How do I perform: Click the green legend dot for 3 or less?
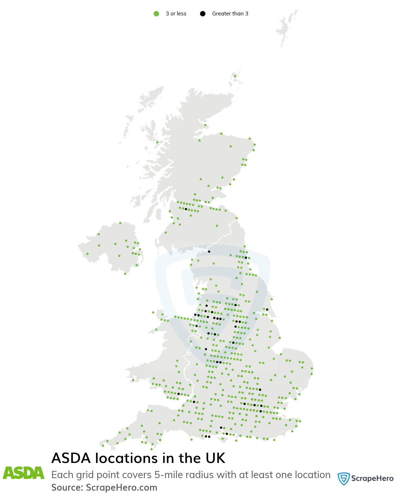pyautogui.click(x=156, y=14)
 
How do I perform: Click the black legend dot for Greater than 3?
pyautogui.click(x=203, y=14)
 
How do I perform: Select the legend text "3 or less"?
pyautogui.click(x=176, y=14)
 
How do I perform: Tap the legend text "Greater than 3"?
pyautogui.click(x=230, y=14)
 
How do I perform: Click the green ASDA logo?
pyautogui.click(x=24, y=473)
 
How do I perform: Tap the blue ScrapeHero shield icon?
pyautogui.click(x=343, y=478)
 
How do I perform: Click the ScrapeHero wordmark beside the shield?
pyautogui.click(x=372, y=478)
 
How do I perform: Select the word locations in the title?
pyautogui.click(x=127, y=458)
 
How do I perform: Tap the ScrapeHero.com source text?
pyautogui.click(x=121, y=487)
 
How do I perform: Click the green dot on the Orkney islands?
pyautogui.click(x=235, y=76)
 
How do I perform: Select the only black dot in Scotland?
pyautogui.click(x=186, y=209)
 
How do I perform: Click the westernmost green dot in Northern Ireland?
pyautogui.click(x=87, y=254)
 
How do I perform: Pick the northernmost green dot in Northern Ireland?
pyautogui.click(x=120, y=223)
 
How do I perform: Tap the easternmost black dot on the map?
pyautogui.click(x=267, y=309)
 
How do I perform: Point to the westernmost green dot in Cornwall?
pyautogui.click(x=103, y=446)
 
